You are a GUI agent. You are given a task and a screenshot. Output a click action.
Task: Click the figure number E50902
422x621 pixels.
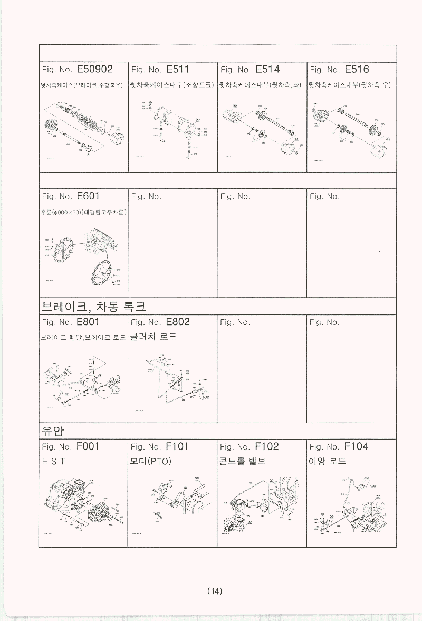tap(95, 70)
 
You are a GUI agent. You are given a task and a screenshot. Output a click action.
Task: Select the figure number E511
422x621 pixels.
tap(178, 70)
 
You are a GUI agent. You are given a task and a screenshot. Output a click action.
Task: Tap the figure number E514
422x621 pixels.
tap(267, 70)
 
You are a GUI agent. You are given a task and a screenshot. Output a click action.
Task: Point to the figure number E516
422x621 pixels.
tap(357, 70)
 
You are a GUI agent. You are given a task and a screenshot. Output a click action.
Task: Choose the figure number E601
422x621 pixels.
tap(88, 196)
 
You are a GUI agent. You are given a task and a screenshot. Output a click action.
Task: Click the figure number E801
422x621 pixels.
tap(88, 322)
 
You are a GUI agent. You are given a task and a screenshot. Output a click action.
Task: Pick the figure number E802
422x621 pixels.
tap(178, 322)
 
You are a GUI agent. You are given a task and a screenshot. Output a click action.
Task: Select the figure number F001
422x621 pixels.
tap(88, 446)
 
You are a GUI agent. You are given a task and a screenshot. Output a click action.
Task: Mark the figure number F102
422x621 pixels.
tap(267, 446)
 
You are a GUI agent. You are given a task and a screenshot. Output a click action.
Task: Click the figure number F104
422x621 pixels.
tap(356, 446)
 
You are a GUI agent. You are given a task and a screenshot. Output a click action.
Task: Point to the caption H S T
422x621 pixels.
tap(53, 461)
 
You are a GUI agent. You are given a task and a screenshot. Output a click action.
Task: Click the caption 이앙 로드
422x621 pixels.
tap(328, 461)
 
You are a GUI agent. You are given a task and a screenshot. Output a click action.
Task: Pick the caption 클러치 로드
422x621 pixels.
tap(154, 337)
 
